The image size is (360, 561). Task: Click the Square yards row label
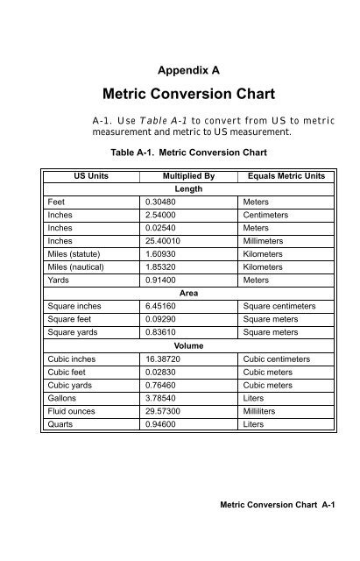click(75, 333)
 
